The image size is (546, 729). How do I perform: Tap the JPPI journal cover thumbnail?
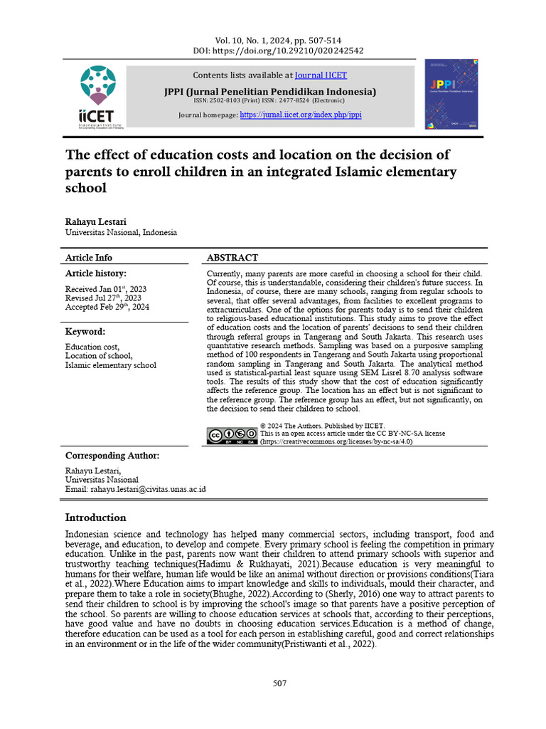455,95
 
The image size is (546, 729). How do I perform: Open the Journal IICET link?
321,75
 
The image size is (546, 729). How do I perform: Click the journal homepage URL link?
301,114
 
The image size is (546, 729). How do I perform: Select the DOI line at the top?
278,51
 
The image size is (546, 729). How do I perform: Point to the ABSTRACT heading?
232,258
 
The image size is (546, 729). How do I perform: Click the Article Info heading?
89,258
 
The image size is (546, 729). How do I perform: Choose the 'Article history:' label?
96,273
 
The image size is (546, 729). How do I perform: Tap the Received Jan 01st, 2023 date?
106,288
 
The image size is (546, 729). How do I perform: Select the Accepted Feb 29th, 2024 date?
107,308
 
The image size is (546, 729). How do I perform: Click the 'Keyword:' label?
85,332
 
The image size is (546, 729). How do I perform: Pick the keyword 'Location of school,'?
99,356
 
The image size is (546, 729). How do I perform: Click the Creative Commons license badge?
231,436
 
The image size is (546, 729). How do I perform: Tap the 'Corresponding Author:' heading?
112,456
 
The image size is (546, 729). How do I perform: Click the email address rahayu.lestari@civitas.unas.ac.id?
135,490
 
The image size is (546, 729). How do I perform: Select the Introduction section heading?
96,518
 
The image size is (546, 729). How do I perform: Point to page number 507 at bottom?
279,683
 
